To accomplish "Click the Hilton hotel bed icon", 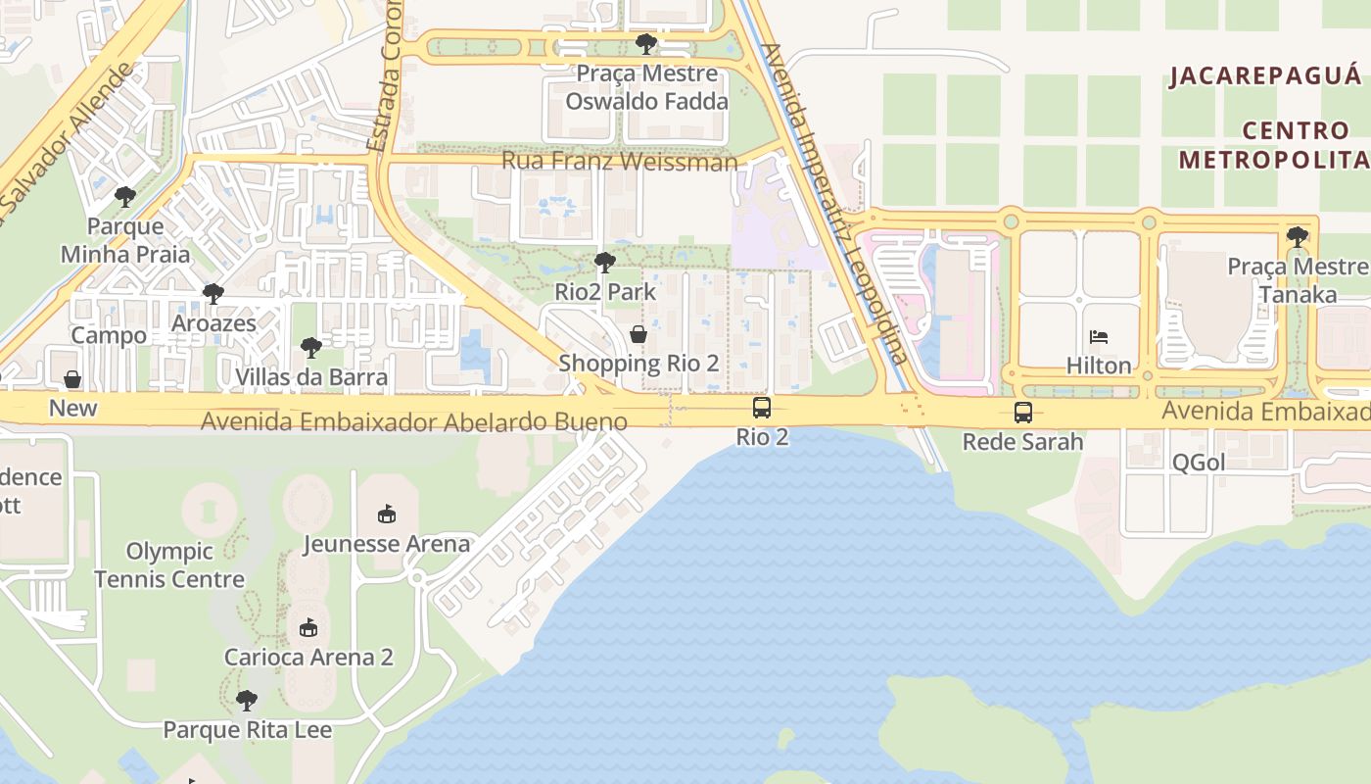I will (1099, 338).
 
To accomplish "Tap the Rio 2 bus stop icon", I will (762, 409).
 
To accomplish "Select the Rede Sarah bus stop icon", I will (1023, 413).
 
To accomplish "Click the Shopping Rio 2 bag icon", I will (638, 335).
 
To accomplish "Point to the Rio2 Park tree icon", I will (605, 263).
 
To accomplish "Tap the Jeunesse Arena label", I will (387, 544).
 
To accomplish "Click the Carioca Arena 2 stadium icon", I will (308, 628).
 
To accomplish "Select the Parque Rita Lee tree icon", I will (247, 701).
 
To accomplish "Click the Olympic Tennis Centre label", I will (169, 565).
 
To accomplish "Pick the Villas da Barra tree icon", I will (311, 348).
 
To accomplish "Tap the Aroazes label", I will (213, 323).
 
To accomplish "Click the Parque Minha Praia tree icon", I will (125, 197).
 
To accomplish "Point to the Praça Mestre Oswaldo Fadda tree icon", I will (646, 44).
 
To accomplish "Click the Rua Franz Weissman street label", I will (619, 161).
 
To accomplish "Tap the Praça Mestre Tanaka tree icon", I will (1298, 237).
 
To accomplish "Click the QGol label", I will (1199, 463).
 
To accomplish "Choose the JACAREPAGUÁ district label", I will (1265, 76).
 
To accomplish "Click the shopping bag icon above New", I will (72, 379).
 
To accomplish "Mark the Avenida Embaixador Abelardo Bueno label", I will (413, 422).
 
